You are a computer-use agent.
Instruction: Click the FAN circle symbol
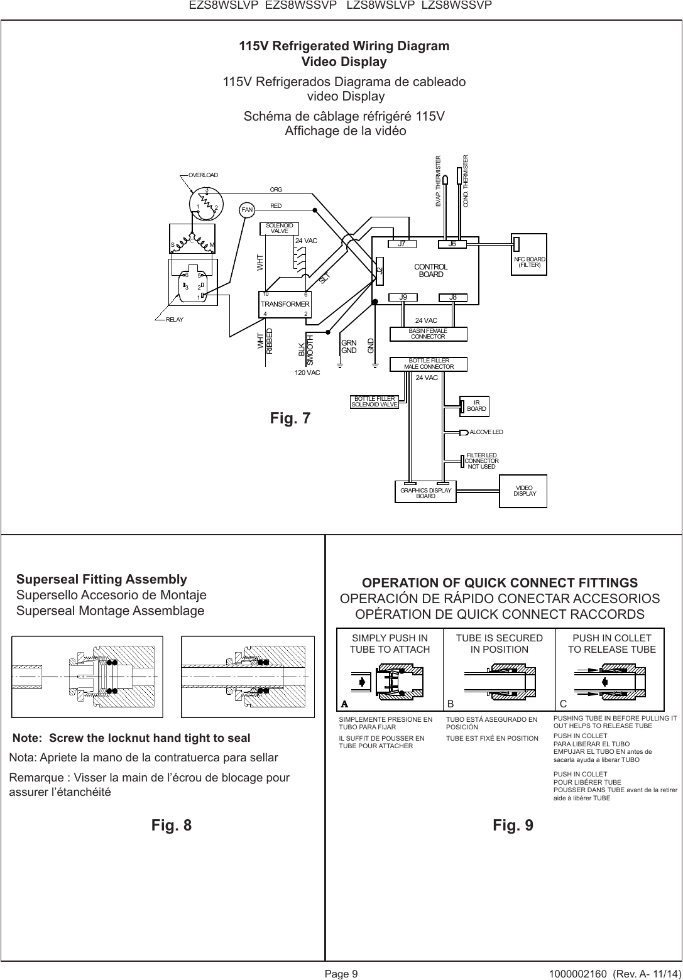(247, 210)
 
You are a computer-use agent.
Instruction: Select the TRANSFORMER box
(285, 303)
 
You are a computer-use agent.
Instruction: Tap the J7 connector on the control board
(400, 244)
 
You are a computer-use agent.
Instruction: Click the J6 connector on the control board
(451, 244)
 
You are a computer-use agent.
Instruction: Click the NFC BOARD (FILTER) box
(530, 262)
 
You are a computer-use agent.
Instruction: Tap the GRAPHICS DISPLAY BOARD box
(425, 493)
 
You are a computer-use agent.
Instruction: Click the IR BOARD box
(476, 406)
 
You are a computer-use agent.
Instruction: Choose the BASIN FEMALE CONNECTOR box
(428, 334)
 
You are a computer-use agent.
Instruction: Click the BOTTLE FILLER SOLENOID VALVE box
(374, 401)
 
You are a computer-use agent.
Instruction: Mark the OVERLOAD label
(203, 175)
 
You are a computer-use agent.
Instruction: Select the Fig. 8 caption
(172, 825)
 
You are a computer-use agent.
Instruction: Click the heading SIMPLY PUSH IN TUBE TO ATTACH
(390, 644)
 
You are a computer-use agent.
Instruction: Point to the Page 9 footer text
(341, 974)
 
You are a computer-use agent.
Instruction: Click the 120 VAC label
(307, 373)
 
